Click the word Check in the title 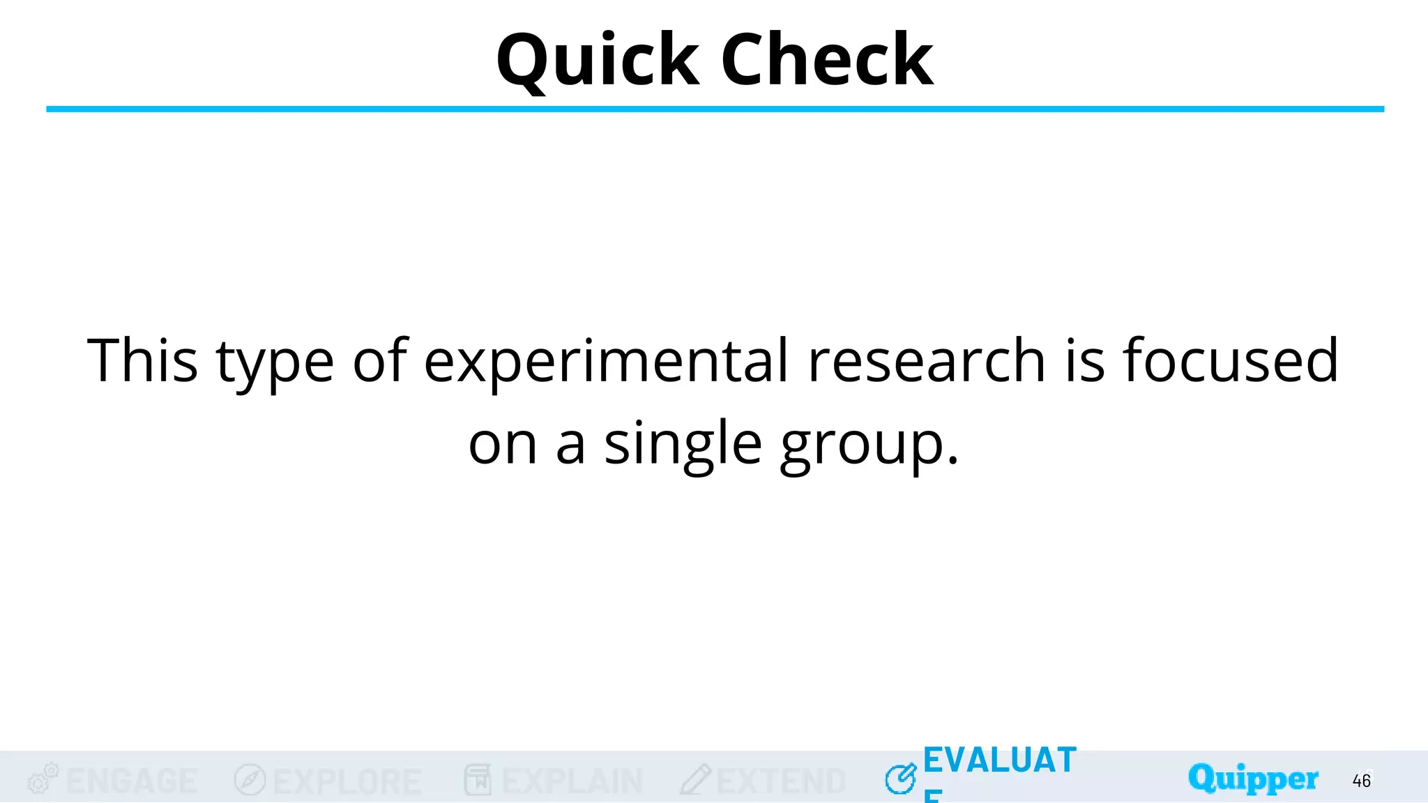(827, 61)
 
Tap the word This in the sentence (142, 360)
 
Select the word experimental (606, 362)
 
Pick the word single (683, 444)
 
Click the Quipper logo (1253, 779)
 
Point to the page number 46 (1361, 781)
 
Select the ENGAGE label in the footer (132, 781)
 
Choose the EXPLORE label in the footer (347, 781)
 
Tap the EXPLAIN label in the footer (572, 781)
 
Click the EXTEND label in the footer (781, 781)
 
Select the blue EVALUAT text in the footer (1000, 760)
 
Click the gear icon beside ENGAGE (42, 779)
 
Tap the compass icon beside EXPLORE (250, 780)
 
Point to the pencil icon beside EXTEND (695, 780)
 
